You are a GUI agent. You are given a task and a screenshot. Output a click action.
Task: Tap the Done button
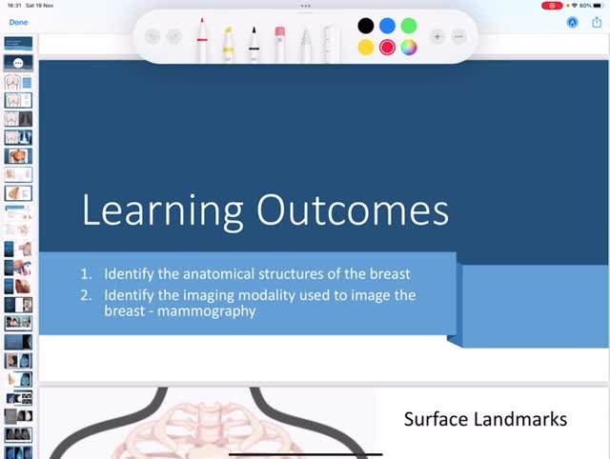(18, 21)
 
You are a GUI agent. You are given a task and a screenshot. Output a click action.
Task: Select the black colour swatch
(365, 26)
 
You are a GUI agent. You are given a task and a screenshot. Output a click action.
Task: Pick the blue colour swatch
(387, 26)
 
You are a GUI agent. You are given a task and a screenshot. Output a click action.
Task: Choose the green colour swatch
(409, 26)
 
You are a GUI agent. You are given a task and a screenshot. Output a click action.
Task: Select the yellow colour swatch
(365, 47)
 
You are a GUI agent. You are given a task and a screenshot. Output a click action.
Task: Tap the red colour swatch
(387, 47)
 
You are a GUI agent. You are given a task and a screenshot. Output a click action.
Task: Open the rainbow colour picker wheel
(409, 47)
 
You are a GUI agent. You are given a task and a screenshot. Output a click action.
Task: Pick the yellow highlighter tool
(229, 43)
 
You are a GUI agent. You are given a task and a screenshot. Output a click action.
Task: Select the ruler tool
(331, 43)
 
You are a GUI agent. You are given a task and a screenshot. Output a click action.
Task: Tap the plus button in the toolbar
(437, 37)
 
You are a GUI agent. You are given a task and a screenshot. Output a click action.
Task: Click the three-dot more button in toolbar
(458, 37)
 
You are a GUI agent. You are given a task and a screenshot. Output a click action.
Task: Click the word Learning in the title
(161, 210)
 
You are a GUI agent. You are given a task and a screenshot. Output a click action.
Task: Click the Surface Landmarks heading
(485, 419)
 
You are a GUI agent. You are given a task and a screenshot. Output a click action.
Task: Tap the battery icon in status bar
(599, 5)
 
